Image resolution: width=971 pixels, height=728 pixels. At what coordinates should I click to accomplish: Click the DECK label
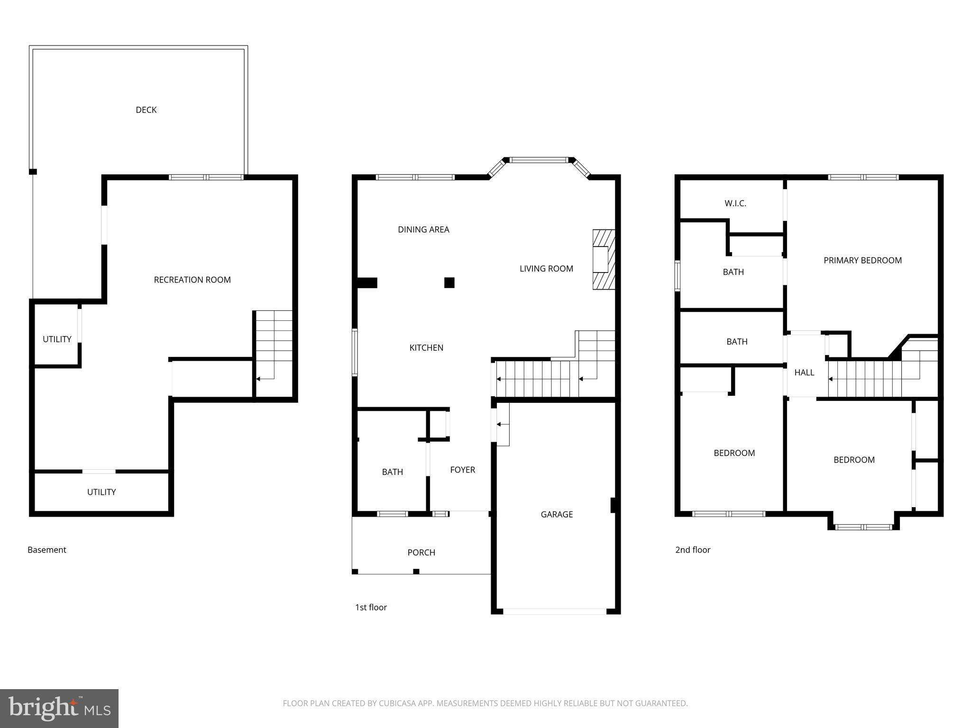tap(146, 110)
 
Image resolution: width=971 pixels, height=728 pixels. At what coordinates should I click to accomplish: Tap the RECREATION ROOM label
tap(192, 280)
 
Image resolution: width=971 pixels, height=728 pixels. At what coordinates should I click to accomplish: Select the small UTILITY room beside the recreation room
tap(57, 339)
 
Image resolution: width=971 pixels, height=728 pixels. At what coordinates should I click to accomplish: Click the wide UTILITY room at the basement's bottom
tap(101, 492)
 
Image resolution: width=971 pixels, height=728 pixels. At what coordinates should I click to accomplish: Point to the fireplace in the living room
tap(603, 259)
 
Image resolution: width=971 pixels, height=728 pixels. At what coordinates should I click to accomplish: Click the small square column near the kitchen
tap(449, 282)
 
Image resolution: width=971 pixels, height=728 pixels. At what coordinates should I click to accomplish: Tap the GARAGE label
tap(557, 514)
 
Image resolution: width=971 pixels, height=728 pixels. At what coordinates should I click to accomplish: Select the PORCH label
tap(421, 552)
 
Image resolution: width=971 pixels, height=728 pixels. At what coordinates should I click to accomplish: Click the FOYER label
tap(462, 470)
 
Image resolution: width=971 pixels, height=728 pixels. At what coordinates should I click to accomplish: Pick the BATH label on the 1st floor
tap(392, 472)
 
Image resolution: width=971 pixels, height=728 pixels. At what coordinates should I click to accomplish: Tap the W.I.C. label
tap(735, 203)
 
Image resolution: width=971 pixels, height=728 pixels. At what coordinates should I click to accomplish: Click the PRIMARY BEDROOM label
tap(862, 260)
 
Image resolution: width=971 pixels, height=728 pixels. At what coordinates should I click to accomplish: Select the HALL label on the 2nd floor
tap(804, 373)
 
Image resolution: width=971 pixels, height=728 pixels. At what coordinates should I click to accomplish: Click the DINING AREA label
tap(423, 229)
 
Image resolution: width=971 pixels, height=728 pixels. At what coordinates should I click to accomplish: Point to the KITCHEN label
tap(426, 347)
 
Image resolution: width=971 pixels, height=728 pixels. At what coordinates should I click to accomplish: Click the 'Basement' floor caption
tap(47, 550)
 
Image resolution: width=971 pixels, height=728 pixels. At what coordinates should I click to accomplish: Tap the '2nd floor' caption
tap(693, 550)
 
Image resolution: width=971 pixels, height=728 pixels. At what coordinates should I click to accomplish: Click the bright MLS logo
tap(59, 709)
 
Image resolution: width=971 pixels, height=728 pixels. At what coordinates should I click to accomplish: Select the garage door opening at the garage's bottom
tap(554, 611)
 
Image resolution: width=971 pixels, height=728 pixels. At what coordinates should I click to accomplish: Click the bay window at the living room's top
tap(539, 160)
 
